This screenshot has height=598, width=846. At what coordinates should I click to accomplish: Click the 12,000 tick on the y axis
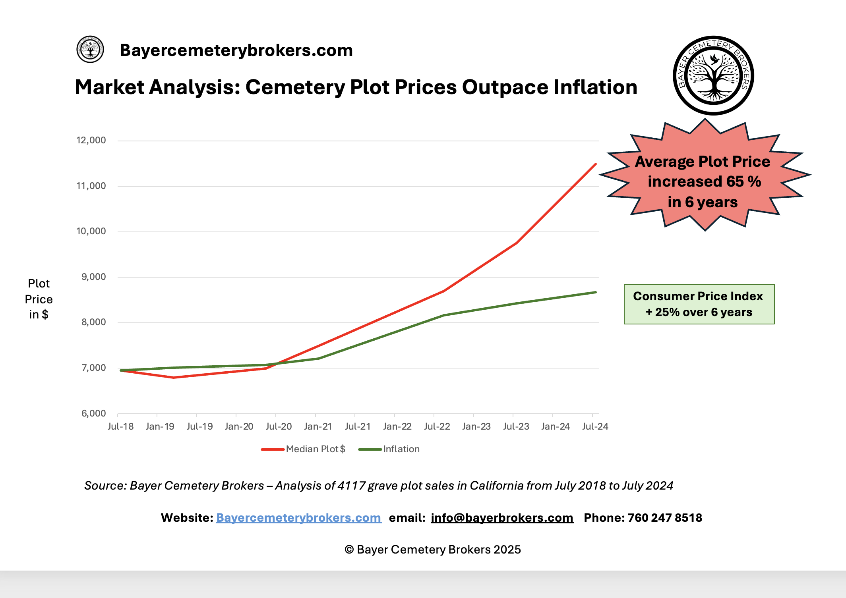click(x=91, y=140)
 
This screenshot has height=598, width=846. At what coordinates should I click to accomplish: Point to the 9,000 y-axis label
click(x=94, y=277)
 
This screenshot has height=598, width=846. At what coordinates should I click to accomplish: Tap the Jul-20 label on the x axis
click(x=279, y=426)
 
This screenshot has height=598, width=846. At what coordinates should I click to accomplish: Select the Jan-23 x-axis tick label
click(x=476, y=426)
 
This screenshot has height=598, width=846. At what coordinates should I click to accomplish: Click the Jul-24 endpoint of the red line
click(x=595, y=164)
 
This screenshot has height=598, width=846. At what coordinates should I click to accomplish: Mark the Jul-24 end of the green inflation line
click(x=595, y=292)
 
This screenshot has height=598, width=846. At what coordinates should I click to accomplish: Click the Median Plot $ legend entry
click(x=315, y=449)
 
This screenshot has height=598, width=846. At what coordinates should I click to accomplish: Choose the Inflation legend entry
click(x=401, y=449)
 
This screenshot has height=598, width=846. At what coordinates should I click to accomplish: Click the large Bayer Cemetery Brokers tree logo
click(x=713, y=75)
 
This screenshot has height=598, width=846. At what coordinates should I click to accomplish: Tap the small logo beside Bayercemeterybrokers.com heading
click(x=90, y=49)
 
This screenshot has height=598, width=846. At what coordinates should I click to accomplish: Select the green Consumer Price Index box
click(x=699, y=304)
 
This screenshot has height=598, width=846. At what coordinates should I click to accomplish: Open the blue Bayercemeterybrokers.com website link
click(x=298, y=518)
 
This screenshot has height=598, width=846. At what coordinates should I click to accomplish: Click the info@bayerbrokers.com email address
click(x=502, y=518)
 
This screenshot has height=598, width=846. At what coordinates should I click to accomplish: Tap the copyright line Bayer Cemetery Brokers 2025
click(x=433, y=550)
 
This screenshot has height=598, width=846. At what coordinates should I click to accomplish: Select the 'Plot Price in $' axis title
click(x=39, y=299)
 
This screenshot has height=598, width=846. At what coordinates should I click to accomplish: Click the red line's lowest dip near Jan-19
click(x=174, y=377)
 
